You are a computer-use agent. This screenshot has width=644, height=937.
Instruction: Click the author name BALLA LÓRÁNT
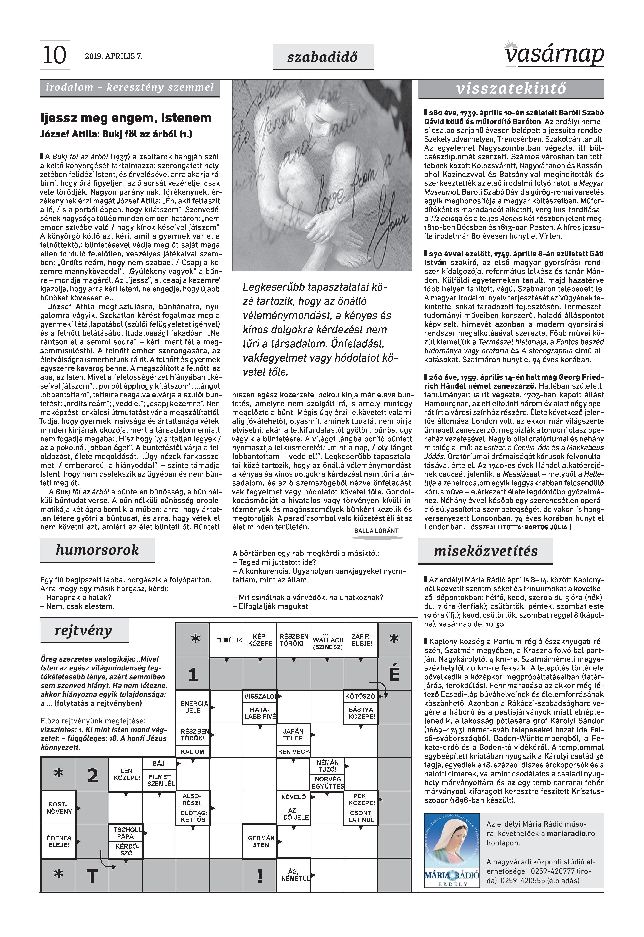tap(376, 531)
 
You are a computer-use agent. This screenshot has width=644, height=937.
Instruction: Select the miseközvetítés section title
tap(486, 551)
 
